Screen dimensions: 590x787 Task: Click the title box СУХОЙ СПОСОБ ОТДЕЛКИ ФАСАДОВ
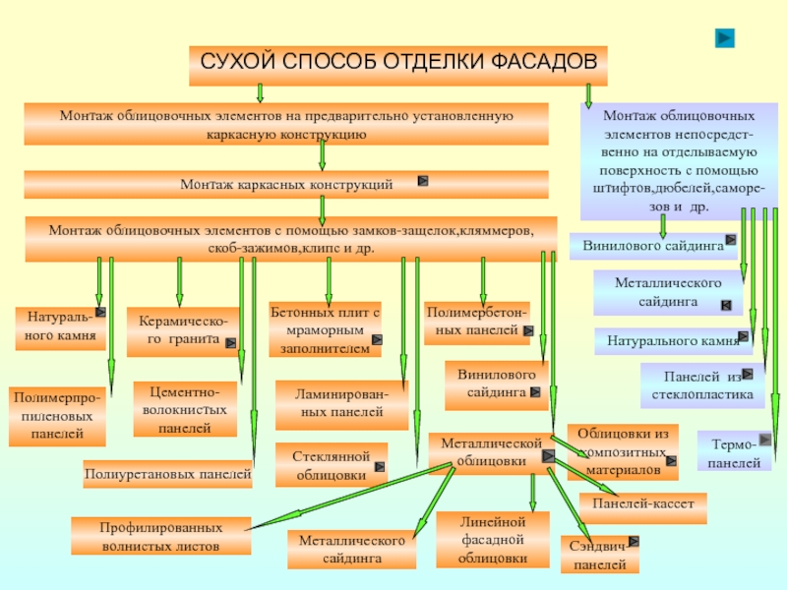[398, 63]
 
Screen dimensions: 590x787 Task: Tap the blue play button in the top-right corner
[724, 37]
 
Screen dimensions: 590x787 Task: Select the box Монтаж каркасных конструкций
[285, 185]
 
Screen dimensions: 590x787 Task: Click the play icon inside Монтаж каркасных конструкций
[422, 182]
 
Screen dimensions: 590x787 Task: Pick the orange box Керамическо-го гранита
[182, 331]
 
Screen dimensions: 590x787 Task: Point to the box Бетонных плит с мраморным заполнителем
[325, 329]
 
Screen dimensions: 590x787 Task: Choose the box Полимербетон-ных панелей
[476, 323]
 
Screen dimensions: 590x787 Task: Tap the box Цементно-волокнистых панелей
[185, 409]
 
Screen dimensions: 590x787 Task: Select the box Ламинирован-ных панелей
[340, 404]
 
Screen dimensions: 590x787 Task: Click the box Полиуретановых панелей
[167, 474]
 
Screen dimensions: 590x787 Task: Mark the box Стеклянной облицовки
[332, 464]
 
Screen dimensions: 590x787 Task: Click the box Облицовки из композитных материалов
[623, 450]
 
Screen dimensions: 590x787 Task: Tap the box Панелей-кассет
[641, 504]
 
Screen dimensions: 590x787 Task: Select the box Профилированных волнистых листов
[159, 536]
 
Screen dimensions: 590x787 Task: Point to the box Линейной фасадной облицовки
[492, 540]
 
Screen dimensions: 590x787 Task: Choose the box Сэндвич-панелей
[599, 555]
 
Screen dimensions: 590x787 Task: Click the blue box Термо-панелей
[733, 452]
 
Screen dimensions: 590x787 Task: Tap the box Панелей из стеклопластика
[701, 385]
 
